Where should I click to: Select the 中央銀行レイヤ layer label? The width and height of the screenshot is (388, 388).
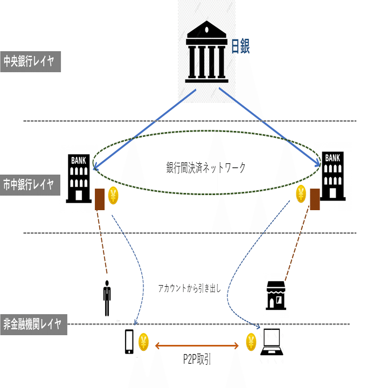tap(30, 61)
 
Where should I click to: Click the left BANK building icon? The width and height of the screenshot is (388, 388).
tap(79, 178)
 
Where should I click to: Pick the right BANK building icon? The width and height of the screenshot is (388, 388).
tap(332, 176)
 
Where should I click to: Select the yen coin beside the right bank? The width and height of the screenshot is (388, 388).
tap(301, 192)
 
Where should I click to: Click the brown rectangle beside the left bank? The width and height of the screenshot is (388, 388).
tap(100, 199)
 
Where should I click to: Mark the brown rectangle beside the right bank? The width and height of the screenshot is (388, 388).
tap(315, 198)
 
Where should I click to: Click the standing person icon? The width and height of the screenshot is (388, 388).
tap(107, 298)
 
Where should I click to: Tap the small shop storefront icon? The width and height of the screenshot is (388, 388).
tap(275, 295)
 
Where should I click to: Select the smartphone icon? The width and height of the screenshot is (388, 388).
tap(129, 342)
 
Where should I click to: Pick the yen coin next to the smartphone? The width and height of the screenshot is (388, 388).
tap(143, 341)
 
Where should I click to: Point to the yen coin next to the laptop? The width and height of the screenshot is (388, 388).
tap(251, 341)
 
